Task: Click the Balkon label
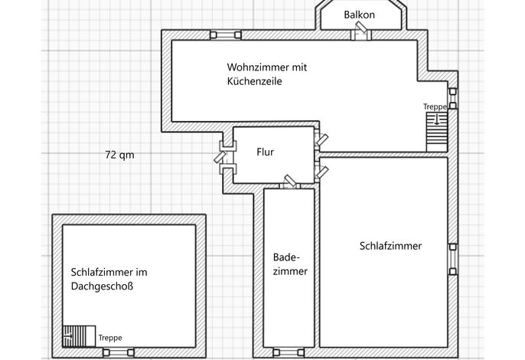coord(359,15)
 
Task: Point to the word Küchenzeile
coord(254,81)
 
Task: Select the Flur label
coord(265,152)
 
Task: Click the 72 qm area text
coord(119,155)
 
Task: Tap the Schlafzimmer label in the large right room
coord(390,246)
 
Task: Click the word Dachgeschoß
coord(102,286)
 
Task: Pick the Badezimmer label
coord(290,264)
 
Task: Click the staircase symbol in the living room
coord(436,132)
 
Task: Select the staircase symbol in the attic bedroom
coord(79,335)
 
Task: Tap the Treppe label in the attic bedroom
coord(110,338)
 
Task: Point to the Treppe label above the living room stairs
coord(435,107)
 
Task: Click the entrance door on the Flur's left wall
coord(225,157)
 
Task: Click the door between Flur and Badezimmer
coord(290,183)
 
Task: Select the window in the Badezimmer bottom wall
coord(289,352)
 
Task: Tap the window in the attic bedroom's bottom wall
coord(118,352)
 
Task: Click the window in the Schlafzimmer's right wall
coord(453,259)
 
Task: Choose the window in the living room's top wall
coord(226,35)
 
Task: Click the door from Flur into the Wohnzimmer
coord(321,139)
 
